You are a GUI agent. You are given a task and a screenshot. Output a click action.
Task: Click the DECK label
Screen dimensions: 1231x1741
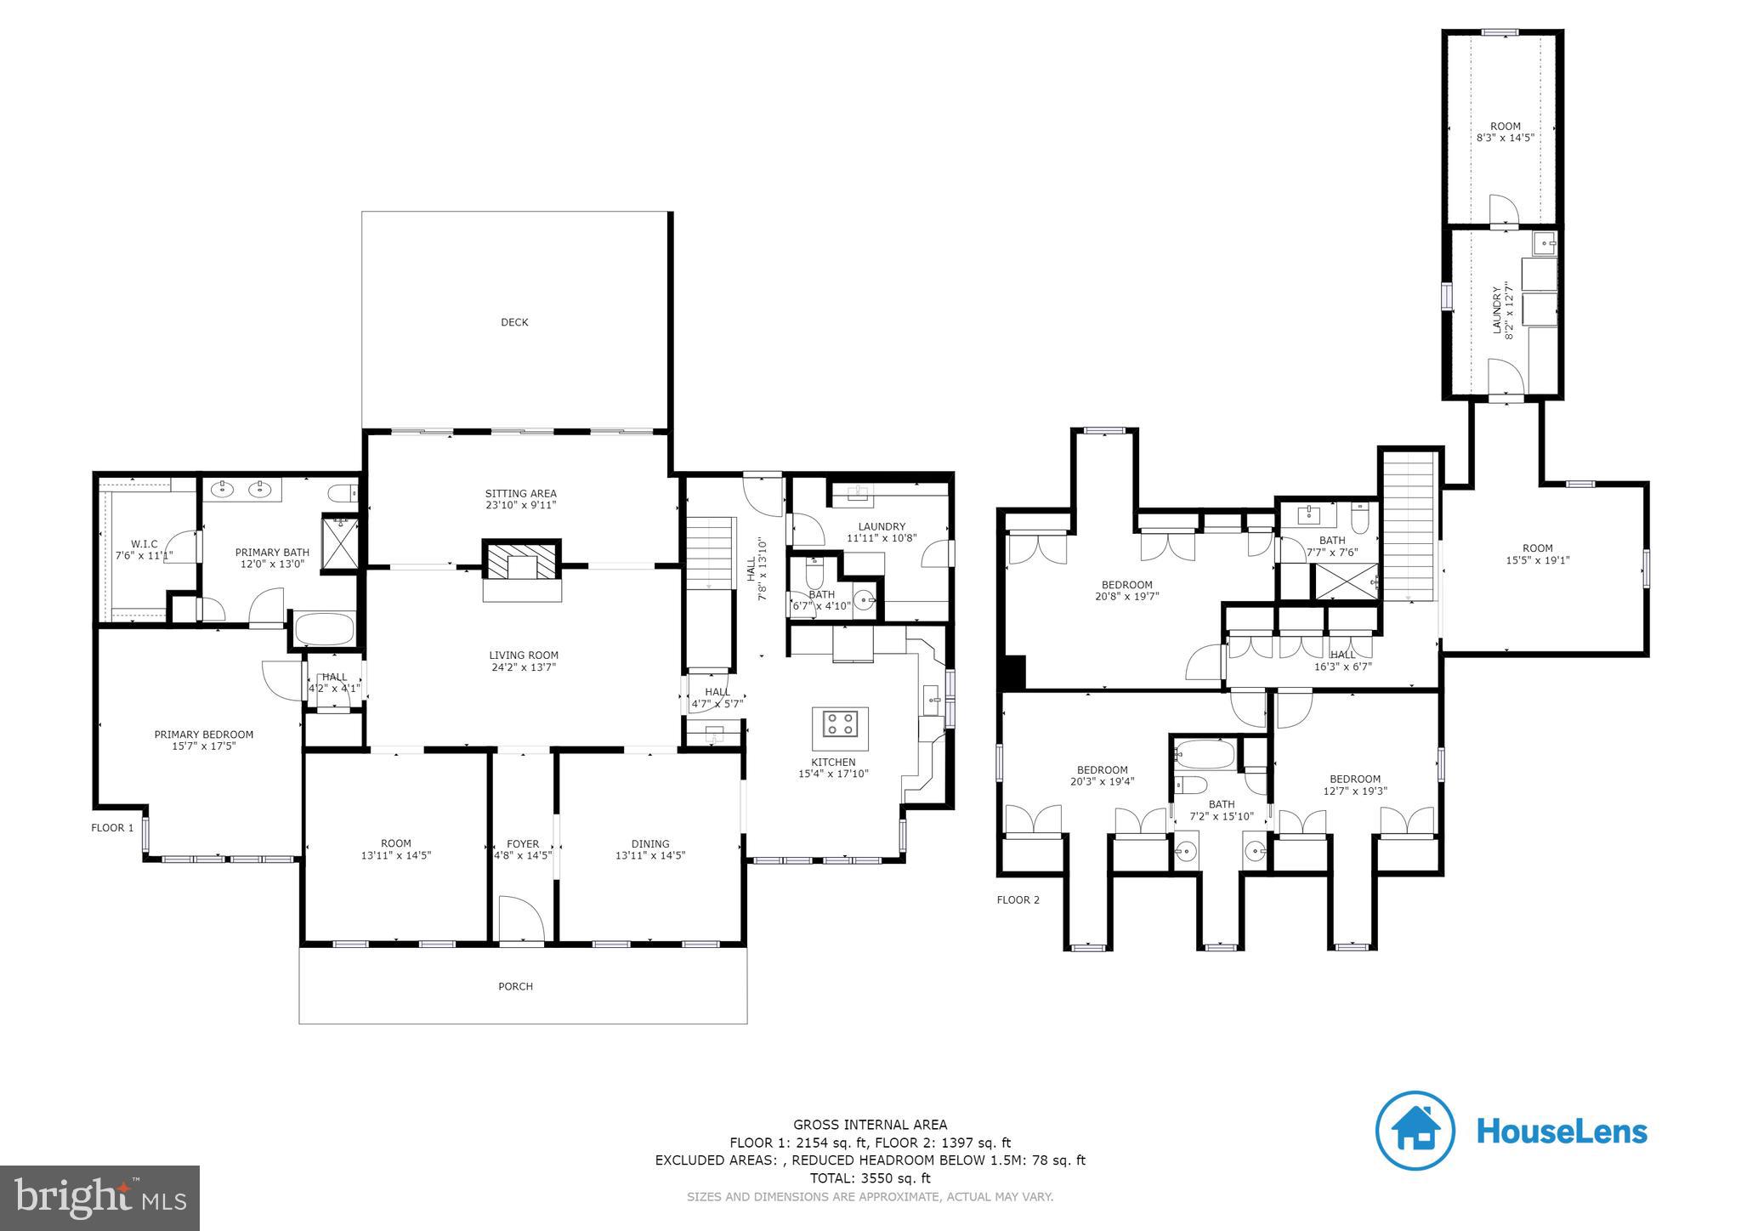tap(514, 322)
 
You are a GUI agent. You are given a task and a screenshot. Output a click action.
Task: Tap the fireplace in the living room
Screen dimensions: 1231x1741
tap(522, 561)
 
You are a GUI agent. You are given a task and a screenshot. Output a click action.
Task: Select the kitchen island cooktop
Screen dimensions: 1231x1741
tap(840, 723)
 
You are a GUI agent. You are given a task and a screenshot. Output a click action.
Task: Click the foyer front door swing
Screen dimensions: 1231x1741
tap(520, 920)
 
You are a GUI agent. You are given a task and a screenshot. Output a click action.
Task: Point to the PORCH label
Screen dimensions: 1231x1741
tap(515, 986)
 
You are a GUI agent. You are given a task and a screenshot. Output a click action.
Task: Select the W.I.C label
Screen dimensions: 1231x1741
tap(144, 544)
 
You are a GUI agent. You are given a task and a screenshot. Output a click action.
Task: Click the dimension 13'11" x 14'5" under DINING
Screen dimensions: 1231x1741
tap(650, 856)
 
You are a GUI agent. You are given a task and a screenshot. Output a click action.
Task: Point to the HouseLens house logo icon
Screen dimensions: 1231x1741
tap(1415, 1131)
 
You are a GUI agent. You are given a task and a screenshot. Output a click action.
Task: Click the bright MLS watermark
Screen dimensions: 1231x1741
tap(99, 1198)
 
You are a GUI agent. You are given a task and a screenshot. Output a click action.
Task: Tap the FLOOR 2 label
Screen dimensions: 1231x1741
tap(1018, 899)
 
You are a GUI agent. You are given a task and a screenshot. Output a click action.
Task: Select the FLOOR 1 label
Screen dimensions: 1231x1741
tap(112, 827)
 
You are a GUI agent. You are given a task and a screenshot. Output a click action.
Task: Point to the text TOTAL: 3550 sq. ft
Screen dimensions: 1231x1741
tap(870, 1178)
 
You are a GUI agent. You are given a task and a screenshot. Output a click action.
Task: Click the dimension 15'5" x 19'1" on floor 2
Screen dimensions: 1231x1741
tap(1537, 560)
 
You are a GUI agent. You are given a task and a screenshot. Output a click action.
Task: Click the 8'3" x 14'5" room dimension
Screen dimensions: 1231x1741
tap(1505, 137)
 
